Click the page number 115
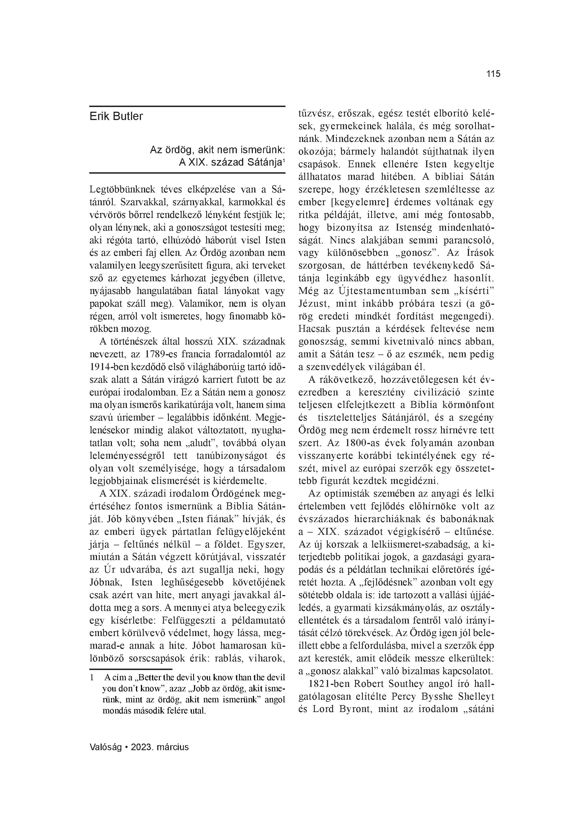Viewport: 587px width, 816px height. tap(493, 74)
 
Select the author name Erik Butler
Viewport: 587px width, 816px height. tap(116, 116)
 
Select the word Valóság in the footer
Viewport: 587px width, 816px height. tap(105, 747)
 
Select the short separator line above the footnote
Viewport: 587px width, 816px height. tap(130, 669)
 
